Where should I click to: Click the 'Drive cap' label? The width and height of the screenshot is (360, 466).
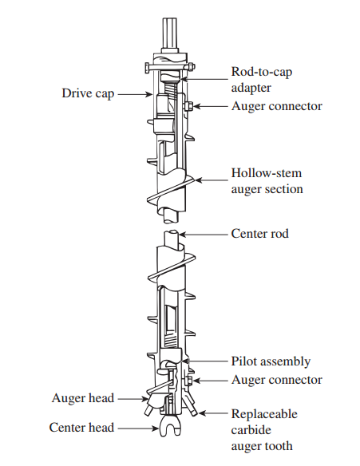tap(88, 93)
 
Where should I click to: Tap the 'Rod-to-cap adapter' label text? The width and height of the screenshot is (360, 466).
tap(262, 80)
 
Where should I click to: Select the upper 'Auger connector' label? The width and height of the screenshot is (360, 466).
tap(277, 106)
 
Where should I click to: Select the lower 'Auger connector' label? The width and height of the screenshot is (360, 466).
tap(277, 380)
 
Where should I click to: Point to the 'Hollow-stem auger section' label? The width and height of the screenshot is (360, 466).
tap(267, 181)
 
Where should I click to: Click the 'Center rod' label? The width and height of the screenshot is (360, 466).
tap(259, 234)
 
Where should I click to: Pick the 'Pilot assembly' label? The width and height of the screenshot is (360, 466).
tap(271, 361)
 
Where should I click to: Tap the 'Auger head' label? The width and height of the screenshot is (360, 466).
tap(83, 398)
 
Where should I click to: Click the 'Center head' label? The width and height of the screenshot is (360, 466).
tap(81, 428)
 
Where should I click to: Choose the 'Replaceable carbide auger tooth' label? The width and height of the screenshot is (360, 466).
tap(264, 430)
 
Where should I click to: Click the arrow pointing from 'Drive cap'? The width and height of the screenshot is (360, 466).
tap(135, 94)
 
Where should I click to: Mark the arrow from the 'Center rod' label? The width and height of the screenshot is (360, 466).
tap(204, 235)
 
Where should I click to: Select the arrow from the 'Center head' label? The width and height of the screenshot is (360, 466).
tap(138, 428)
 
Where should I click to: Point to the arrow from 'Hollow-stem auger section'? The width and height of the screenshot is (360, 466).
tap(212, 180)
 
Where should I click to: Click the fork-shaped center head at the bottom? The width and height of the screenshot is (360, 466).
tap(170, 425)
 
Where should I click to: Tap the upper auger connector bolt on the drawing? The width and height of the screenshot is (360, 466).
tap(188, 106)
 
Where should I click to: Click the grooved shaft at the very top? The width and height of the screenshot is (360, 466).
tap(170, 35)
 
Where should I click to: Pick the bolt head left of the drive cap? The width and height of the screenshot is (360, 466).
tap(148, 69)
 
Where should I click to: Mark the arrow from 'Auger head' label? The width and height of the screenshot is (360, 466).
tap(133, 399)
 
